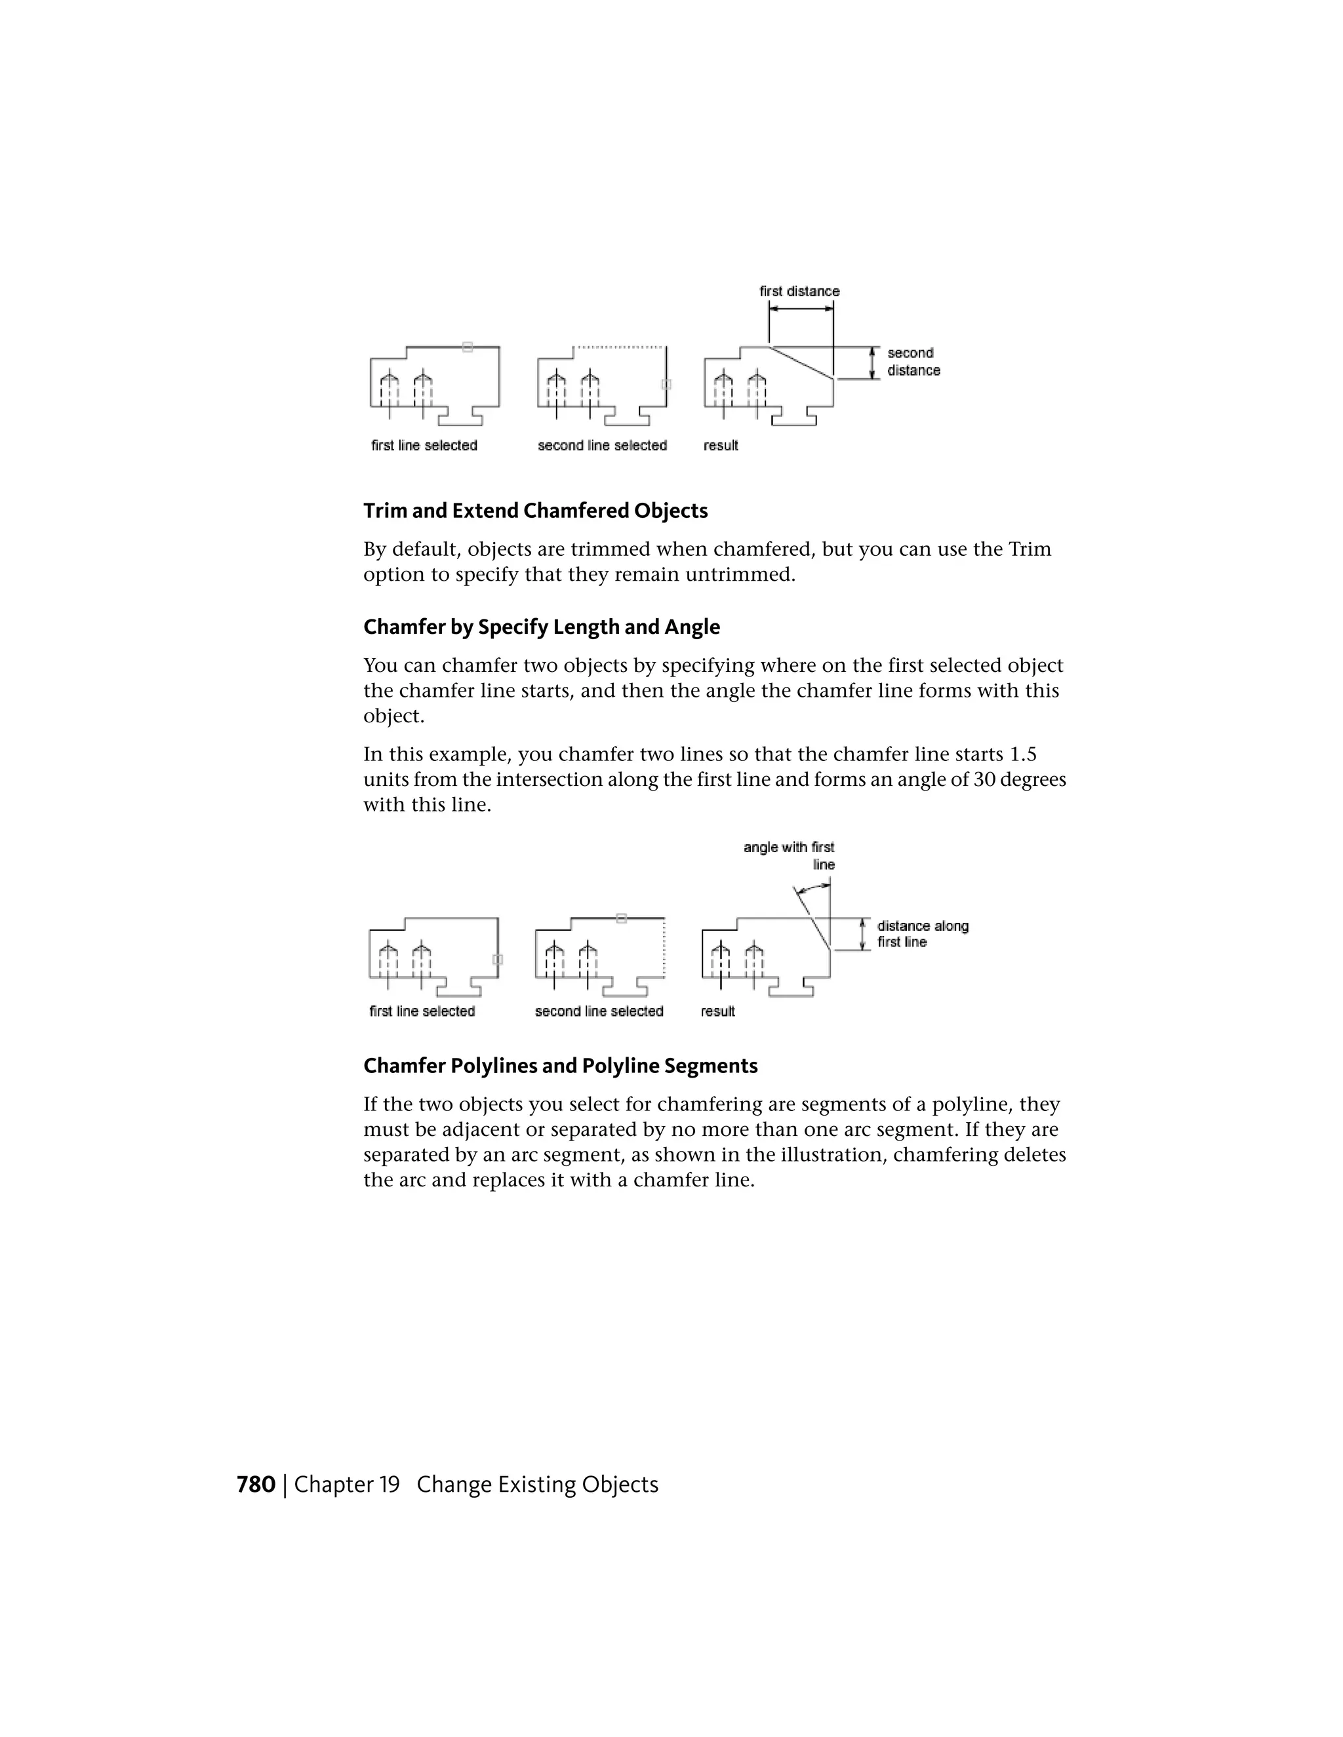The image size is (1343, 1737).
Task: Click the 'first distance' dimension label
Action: click(799, 291)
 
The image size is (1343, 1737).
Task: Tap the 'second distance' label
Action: click(913, 362)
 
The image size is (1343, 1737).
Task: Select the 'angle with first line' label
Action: click(788, 856)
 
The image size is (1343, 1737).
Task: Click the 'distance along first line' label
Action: click(922, 933)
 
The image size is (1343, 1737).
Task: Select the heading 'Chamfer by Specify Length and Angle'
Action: click(541, 627)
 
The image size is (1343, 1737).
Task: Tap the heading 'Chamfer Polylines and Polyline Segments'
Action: click(560, 1066)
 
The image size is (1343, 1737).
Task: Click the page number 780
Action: click(255, 1485)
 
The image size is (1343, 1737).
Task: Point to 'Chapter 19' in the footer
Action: click(347, 1485)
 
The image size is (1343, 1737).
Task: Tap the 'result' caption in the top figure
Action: click(720, 445)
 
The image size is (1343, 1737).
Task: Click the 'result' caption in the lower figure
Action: click(717, 1011)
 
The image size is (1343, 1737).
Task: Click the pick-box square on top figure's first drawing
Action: click(468, 347)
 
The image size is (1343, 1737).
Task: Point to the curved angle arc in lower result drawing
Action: click(813, 888)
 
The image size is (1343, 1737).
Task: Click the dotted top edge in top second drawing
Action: click(620, 347)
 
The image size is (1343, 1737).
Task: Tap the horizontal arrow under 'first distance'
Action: click(801, 309)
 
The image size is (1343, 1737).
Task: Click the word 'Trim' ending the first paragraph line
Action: click(1030, 549)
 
